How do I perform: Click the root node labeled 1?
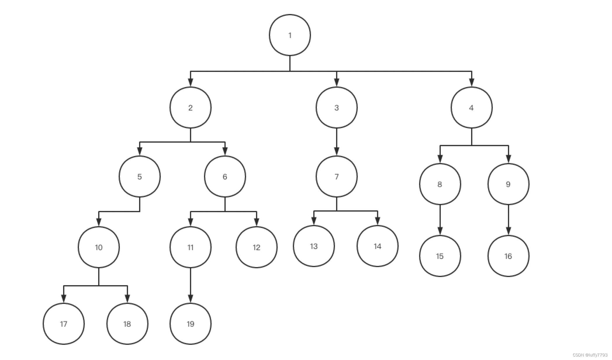pos(290,35)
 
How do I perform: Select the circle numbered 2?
pos(190,108)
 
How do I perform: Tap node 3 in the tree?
pos(336,108)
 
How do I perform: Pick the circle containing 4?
pos(471,108)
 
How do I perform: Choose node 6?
pos(225,176)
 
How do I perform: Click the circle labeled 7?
pos(336,176)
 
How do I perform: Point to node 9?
pos(508,184)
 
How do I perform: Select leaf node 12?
pos(256,247)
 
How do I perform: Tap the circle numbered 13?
pos(314,246)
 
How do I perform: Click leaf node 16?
pos(508,256)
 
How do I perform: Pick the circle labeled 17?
pos(64,324)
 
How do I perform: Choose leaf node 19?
pos(190,324)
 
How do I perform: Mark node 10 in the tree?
pos(99,247)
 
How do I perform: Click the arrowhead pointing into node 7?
pos(336,151)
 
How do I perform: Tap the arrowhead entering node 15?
pos(440,231)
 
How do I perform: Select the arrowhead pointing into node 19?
pos(191,299)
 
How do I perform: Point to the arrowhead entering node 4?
pos(471,82)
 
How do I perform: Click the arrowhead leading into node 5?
pos(140,151)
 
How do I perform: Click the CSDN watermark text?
pos(590,355)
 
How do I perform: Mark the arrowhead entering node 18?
pos(127,299)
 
